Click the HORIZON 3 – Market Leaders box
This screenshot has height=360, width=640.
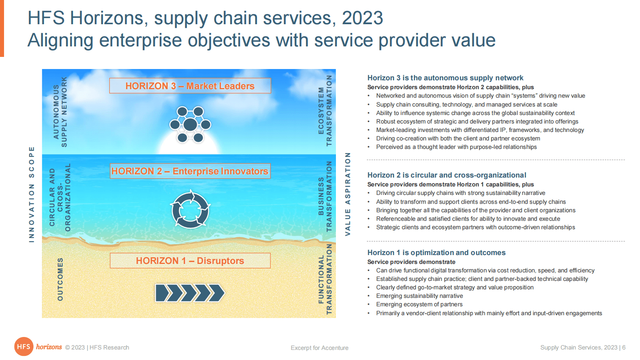pyautogui.click(x=190, y=86)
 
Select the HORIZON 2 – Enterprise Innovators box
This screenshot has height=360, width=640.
pyautogui.click(x=190, y=171)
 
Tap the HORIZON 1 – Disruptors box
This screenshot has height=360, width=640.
pyautogui.click(x=190, y=260)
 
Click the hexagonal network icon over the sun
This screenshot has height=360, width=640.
pyautogui.click(x=190, y=124)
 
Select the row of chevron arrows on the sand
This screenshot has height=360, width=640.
pyautogui.click(x=190, y=293)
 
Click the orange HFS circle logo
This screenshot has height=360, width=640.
pyautogui.click(x=24, y=347)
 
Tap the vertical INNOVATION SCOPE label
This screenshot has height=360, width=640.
pyautogui.click(x=32, y=195)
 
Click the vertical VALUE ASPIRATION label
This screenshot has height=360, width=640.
pyautogui.click(x=348, y=194)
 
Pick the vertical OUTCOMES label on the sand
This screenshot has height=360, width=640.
pyautogui.click(x=60, y=279)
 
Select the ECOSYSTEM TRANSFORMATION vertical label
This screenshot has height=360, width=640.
pyautogui.click(x=325, y=111)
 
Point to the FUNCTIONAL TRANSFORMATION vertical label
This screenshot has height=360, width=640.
pyautogui.click(x=325, y=279)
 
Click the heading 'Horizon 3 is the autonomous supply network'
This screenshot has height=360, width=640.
pyautogui.click(x=445, y=78)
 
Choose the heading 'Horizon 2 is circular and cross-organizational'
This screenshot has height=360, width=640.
pyautogui.click(x=446, y=175)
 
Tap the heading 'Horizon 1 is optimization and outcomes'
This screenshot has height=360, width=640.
pyautogui.click(x=436, y=253)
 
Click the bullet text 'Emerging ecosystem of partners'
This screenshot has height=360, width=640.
pyautogui.click(x=419, y=304)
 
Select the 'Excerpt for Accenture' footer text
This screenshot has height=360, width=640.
pyautogui.click(x=319, y=348)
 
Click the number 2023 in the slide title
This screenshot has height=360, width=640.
pyautogui.click(x=362, y=18)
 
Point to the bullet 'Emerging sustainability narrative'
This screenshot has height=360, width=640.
pyautogui.click(x=419, y=296)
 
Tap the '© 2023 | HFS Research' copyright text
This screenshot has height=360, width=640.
pyautogui.click(x=97, y=347)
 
